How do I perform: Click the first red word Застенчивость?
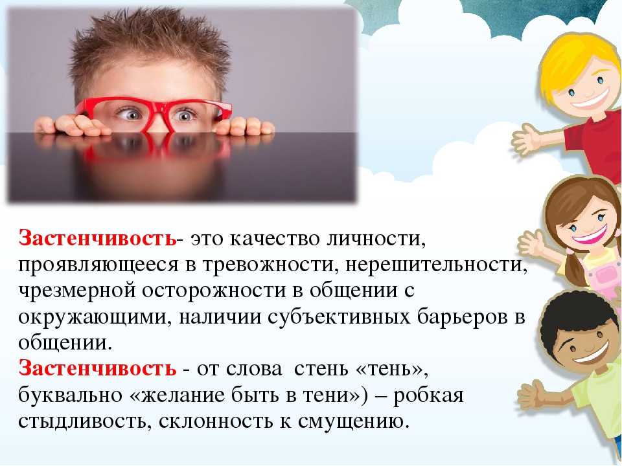click(x=97, y=238)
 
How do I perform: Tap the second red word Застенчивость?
click(x=97, y=368)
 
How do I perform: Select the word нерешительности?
click(x=436, y=265)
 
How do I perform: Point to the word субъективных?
click(x=339, y=317)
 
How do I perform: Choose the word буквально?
click(x=70, y=395)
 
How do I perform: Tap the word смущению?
click(x=353, y=421)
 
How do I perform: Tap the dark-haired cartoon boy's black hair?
click(x=571, y=317)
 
